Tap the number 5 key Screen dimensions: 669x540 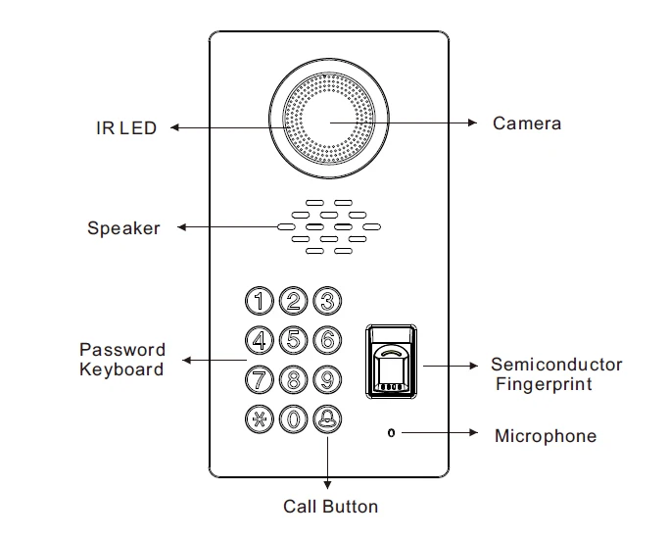point(293,340)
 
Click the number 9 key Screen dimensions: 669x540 point(327,379)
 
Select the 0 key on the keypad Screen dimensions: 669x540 point(293,418)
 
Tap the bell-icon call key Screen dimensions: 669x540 point(327,418)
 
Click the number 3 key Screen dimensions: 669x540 point(327,301)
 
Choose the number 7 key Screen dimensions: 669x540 point(259,379)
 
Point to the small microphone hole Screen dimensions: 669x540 point(391,433)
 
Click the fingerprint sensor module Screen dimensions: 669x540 point(391,362)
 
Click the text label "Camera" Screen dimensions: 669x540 point(527,123)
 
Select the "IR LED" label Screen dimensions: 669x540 point(126,128)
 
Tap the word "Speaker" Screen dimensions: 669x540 point(123,228)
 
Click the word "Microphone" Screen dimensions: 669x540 point(546,436)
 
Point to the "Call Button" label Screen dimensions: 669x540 point(331,507)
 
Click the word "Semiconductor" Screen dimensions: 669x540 point(556,365)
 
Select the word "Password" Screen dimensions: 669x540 point(122,350)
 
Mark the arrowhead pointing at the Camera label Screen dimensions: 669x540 point(472,123)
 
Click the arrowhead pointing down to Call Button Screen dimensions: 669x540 point(327,484)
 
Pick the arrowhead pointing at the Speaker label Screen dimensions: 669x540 point(182,227)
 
